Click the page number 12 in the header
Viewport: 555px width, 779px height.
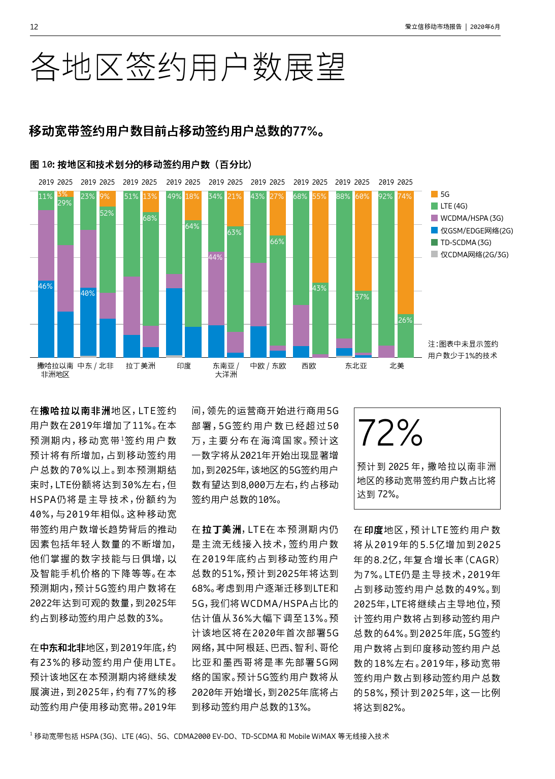tap(34, 27)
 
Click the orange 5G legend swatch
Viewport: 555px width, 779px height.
tap(434, 194)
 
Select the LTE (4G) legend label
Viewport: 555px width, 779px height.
tap(453, 206)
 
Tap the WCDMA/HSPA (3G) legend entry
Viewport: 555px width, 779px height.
tap(471, 218)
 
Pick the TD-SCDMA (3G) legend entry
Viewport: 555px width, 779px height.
tap(466, 243)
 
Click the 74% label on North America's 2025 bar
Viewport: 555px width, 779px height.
tap(405, 196)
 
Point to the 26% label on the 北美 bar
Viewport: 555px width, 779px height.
tap(405, 320)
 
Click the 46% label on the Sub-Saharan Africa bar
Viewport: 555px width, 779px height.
tap(46, 286)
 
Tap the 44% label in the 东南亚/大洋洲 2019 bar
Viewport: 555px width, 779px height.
tap(215, 257)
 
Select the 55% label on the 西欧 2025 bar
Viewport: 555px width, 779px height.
tap(319, 196)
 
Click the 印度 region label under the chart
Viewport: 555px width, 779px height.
tap(184, 366)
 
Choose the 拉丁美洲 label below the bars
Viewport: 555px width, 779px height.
tap(141, 366)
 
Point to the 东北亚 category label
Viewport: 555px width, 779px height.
tap(356, 366)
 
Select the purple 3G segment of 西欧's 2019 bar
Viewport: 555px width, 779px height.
tap(301, 325)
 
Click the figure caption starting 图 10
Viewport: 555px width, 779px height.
tap(141, 164)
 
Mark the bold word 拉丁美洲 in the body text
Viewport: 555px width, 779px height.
tap(221, 529)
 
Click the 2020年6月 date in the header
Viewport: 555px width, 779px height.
tap(485, 27)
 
